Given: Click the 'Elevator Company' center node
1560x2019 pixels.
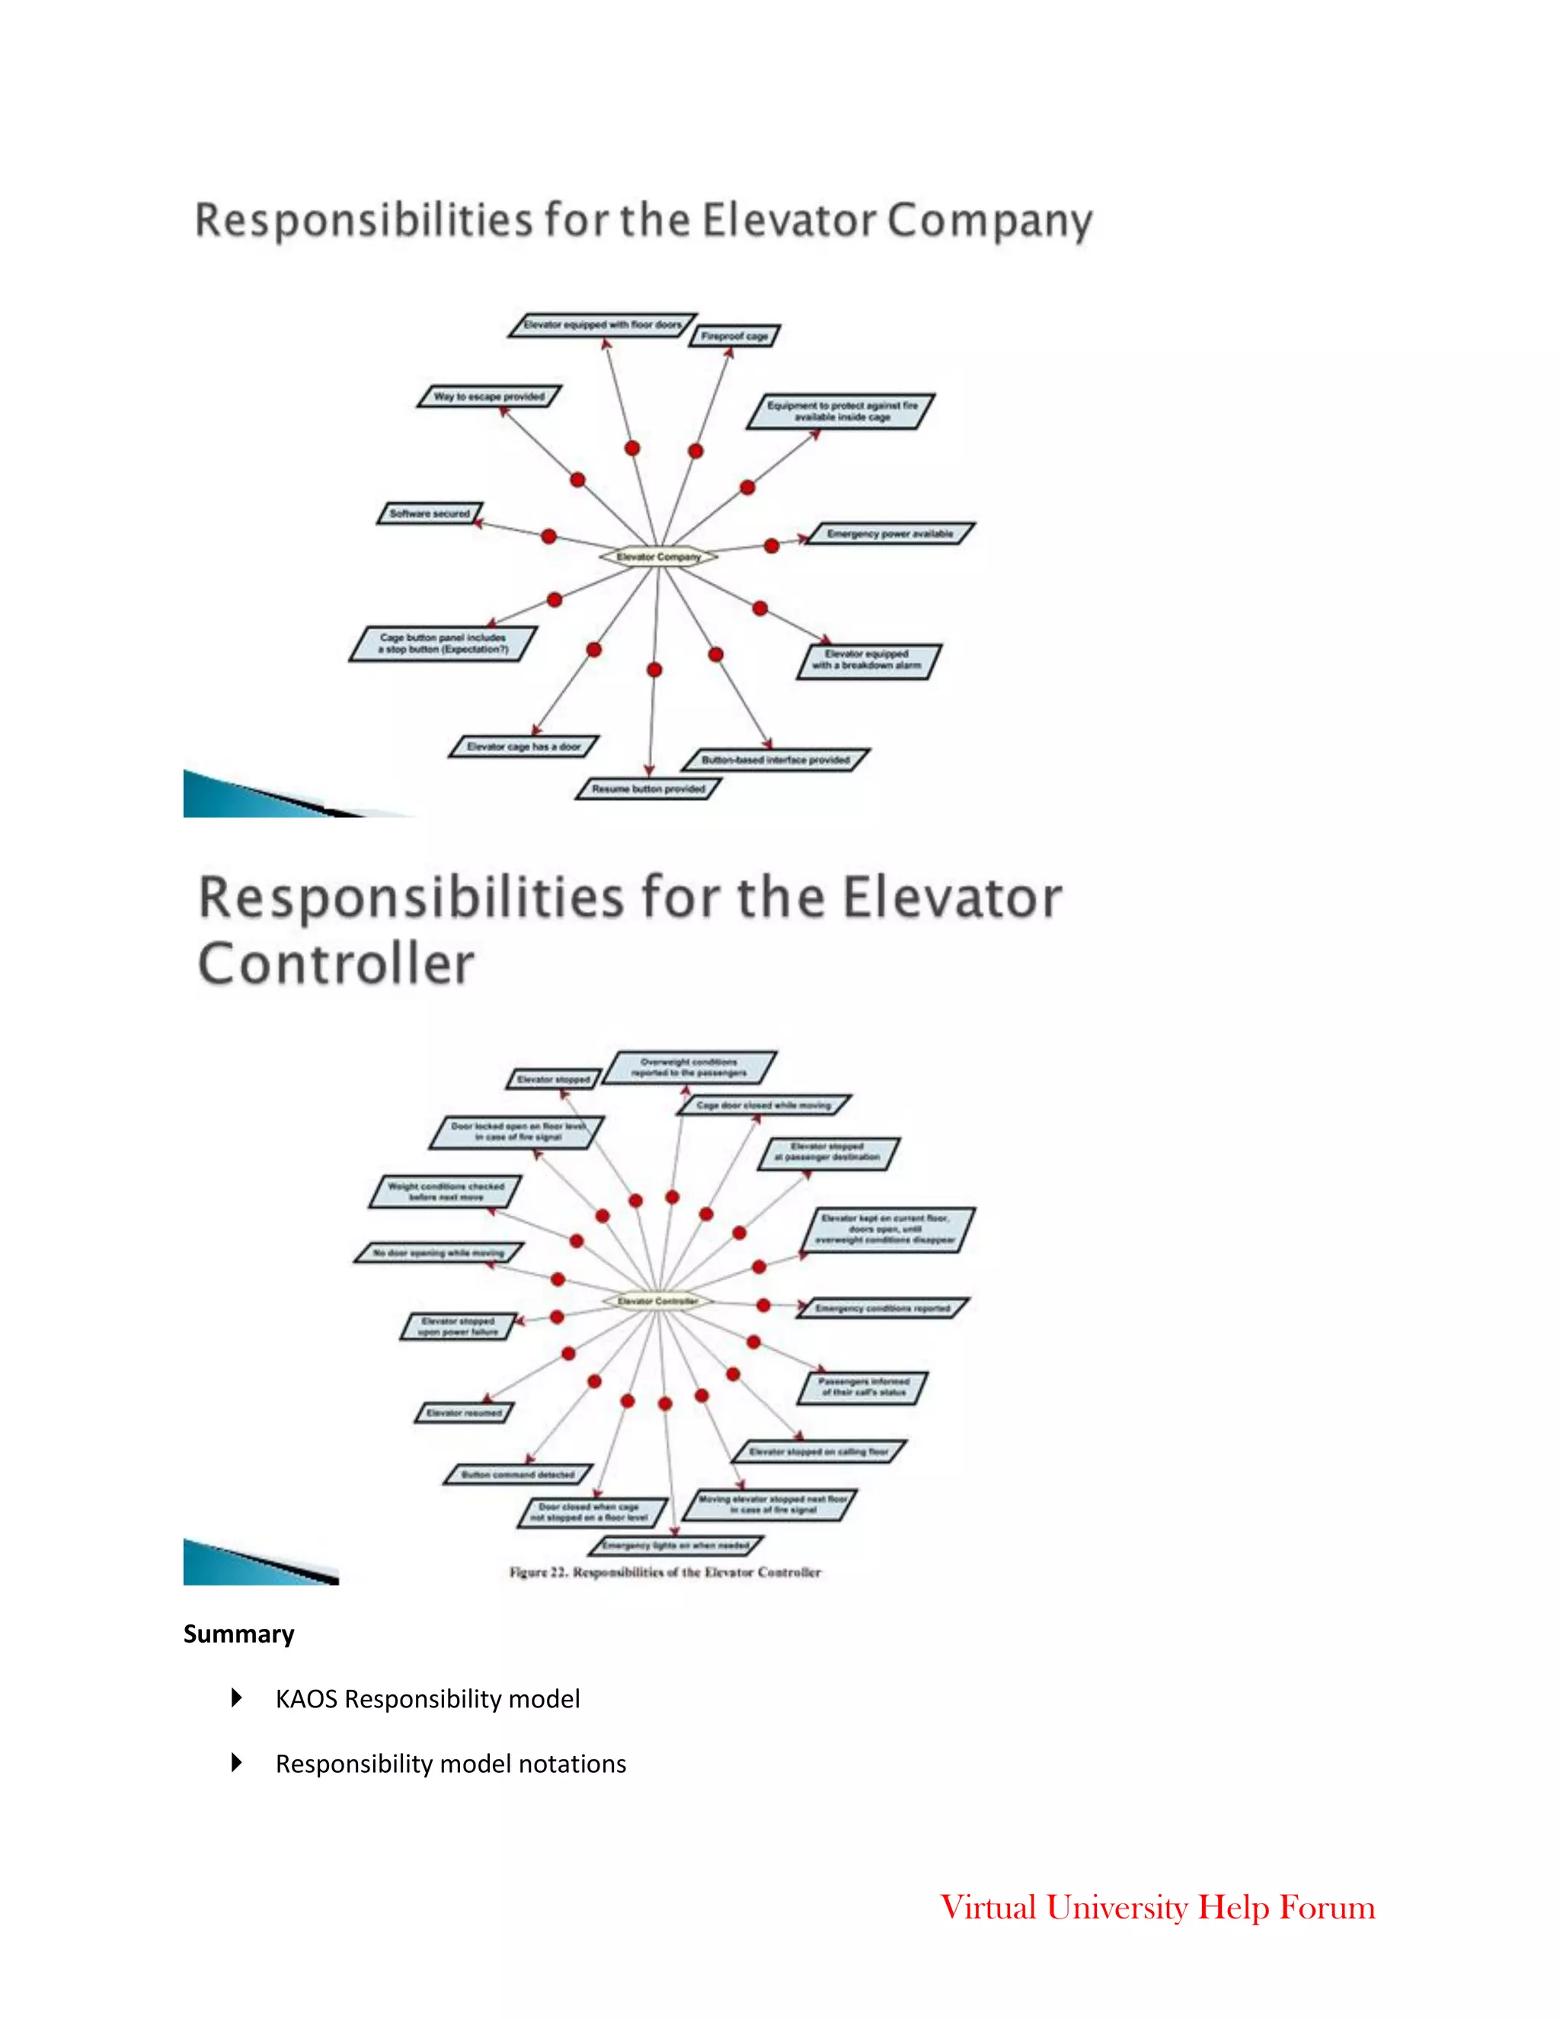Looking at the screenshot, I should click(658, 556).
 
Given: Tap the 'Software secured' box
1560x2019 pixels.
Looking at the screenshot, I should click(430, 513).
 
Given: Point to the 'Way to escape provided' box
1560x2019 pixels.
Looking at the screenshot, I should click(489, 397).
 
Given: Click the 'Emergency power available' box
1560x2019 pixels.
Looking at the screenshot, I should click(890, 533).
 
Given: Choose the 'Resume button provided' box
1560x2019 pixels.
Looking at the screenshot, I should click(648, 789).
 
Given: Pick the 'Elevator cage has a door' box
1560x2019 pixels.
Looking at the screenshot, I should click(524, 746).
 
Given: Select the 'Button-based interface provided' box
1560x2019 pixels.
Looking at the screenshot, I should click(775, 760).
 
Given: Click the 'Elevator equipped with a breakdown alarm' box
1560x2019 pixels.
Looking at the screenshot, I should click(868, 660).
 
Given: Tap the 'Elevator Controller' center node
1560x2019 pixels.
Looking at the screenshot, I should click(657, 1301).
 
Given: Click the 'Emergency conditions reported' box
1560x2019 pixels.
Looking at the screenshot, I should click(883, 1308).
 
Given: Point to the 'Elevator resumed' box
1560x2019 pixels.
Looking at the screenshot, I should click(464, 1413).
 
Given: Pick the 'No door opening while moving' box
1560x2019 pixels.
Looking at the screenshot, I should click(439, 1253).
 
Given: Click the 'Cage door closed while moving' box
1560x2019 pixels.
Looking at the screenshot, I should click(763, 1105).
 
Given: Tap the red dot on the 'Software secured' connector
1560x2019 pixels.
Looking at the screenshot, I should click(549, 536).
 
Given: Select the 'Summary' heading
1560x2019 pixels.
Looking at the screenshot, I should click(238, 1634).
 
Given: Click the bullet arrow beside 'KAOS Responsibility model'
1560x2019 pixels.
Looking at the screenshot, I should click(237, 1697).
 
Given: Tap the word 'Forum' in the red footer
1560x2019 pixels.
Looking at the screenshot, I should click(1327, 1907).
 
